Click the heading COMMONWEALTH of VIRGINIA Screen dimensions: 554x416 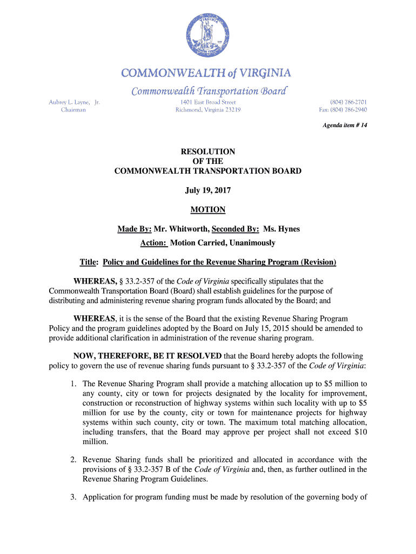[x=207, y=73]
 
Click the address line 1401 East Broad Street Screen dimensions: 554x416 [x=208, y=101]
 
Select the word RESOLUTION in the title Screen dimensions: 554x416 [x=208, y=152]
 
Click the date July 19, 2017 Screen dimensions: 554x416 [x=208, y=190]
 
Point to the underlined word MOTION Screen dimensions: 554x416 [x=208, y=209]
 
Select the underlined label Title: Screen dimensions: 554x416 [x=89, y=262]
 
